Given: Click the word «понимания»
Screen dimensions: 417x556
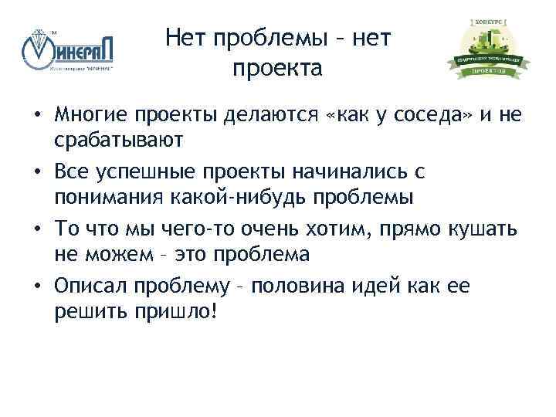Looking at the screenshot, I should tap(107, 196).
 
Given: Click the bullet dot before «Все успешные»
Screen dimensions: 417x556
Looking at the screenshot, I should tap(37, 171).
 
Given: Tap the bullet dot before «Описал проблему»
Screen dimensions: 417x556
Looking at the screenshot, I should tap(37, 286).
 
